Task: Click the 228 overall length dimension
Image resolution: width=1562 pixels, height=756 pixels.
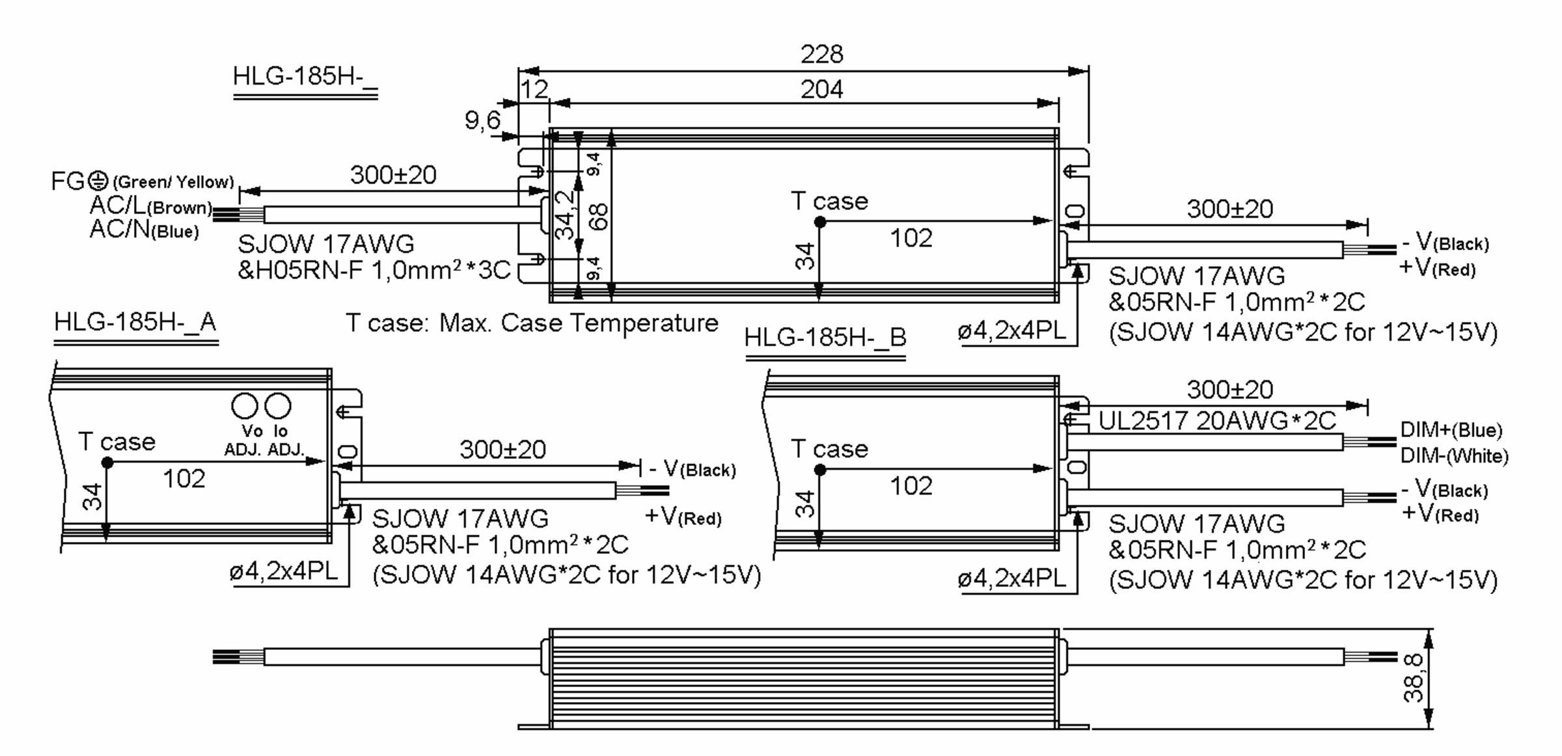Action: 821,54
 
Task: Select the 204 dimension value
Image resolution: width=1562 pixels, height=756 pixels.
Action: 821,89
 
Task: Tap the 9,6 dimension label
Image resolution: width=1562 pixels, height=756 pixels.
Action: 482,120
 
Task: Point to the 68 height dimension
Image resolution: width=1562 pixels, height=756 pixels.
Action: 600,216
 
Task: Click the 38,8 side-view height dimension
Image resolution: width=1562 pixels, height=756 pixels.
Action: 1413,678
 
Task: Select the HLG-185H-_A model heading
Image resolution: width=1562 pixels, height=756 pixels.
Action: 135,322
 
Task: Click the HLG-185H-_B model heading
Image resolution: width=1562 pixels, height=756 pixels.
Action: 825,338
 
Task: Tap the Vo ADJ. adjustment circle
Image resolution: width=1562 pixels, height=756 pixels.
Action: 245,406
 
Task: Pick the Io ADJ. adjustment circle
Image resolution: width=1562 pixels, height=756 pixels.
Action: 278,406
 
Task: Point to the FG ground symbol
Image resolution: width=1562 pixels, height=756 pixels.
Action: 98,180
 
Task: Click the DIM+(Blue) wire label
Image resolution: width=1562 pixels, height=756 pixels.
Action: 1451,430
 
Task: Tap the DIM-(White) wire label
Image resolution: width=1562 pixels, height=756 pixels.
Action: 1454,455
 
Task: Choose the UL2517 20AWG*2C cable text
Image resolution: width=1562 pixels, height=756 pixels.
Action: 1217,421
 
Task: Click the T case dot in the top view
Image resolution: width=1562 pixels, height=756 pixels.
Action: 820,222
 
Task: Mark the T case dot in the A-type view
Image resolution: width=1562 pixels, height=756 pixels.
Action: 107,463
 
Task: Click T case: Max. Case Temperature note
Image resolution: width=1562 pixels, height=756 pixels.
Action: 532,323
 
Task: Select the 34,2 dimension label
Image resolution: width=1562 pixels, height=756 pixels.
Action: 565,215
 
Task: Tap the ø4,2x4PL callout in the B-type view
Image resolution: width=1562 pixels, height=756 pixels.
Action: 1011,578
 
